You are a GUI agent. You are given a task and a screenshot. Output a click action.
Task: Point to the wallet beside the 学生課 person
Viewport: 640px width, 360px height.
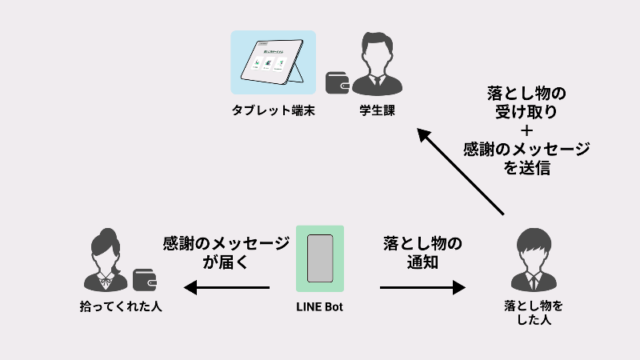click(337, 82)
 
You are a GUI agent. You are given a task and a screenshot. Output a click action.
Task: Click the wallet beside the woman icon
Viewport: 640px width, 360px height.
click(144, 279)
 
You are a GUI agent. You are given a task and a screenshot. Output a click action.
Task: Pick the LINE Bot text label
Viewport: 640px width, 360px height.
click(320, 306)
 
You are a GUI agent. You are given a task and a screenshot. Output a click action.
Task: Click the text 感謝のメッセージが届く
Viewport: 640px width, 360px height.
click(226, 252)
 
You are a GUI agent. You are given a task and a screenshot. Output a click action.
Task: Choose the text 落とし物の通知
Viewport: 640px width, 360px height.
click(422, 252)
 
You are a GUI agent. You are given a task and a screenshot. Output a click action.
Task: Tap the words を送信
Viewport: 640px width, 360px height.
click(526, 169)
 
